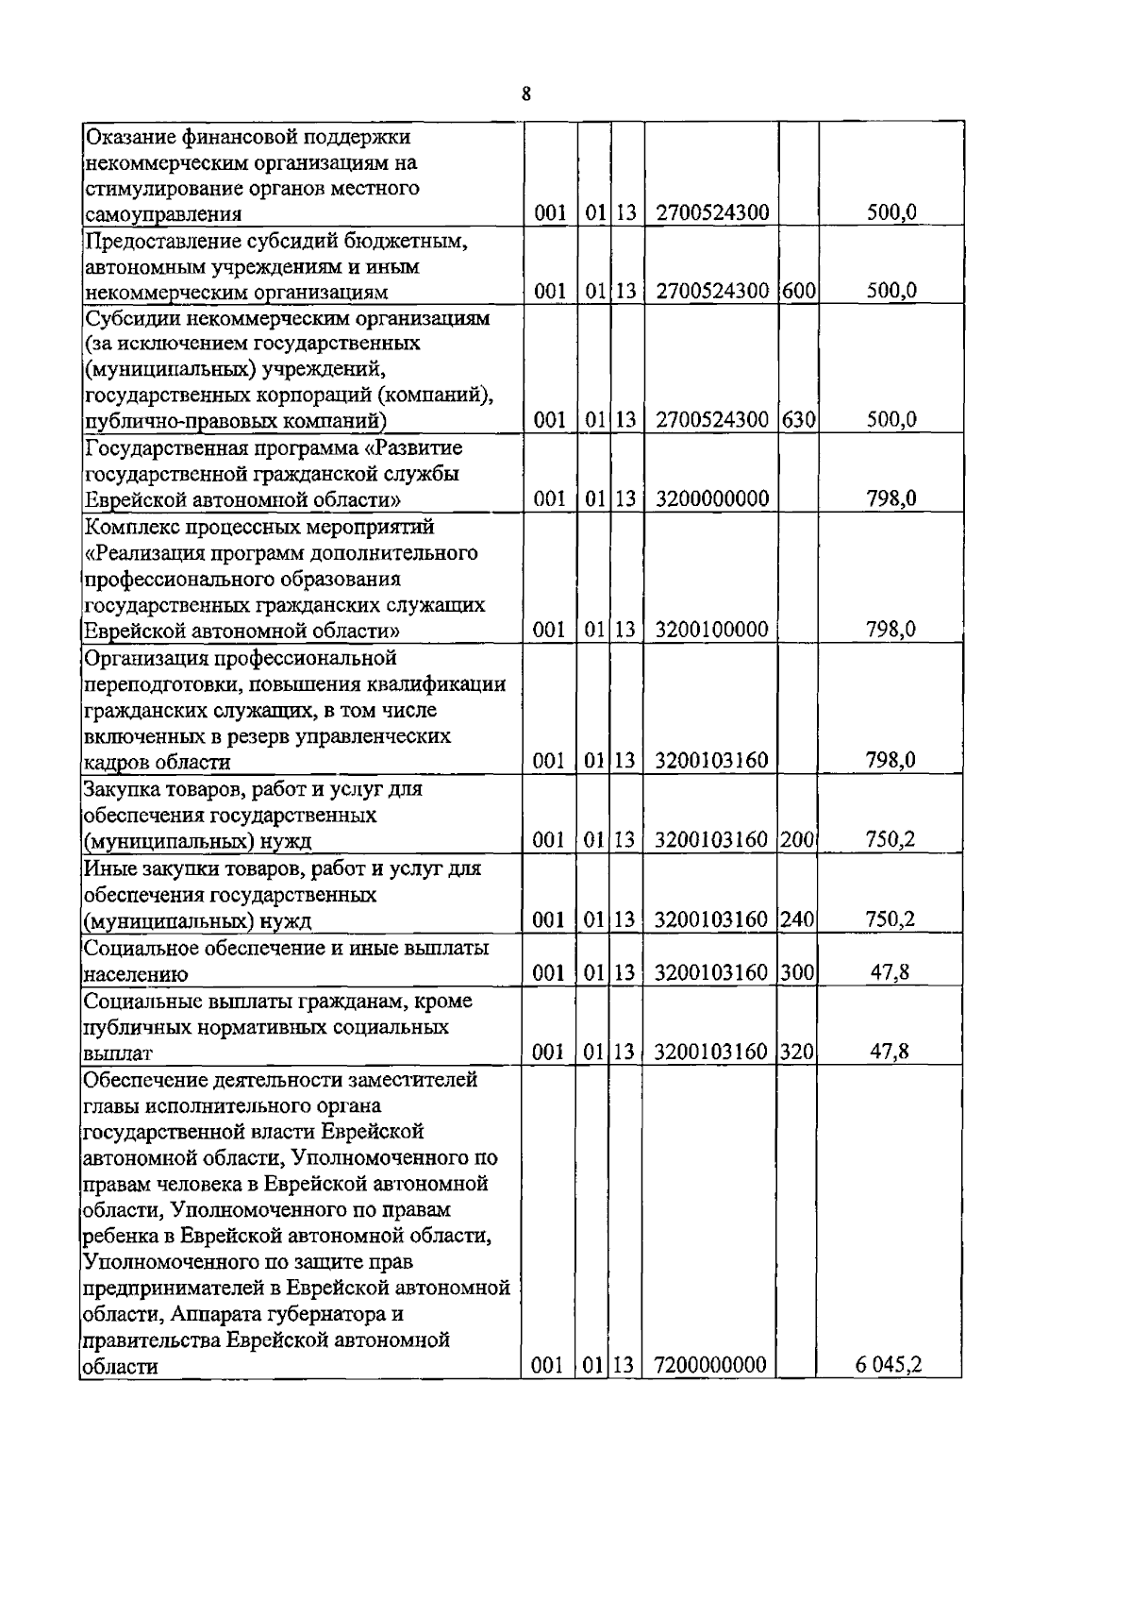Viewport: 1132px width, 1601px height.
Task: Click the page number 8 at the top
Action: tap(526, 93)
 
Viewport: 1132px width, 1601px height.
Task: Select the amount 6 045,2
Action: tap(888, 1365)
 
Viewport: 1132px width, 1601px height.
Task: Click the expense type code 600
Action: tap(798, 291)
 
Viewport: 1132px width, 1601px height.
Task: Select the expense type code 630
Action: tap(798, 420)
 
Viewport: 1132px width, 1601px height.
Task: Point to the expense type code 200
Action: tap(798, 839)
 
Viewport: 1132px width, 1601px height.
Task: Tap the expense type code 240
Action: tap(798, 918)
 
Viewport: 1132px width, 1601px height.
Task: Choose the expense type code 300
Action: tap(798, 971)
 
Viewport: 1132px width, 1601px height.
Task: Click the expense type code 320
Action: tap(798, 1051)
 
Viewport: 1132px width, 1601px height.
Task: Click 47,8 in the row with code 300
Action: tap(889, 971)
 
